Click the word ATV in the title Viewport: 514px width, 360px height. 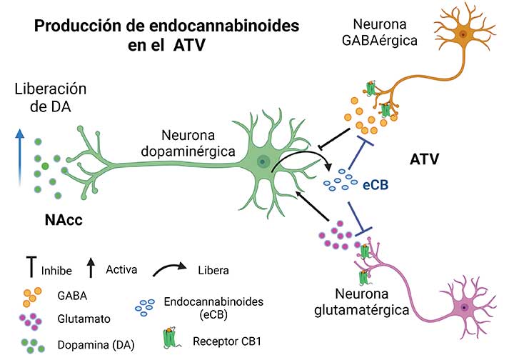189,45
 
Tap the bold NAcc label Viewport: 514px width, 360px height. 64,220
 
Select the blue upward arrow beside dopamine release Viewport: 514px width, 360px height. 20,158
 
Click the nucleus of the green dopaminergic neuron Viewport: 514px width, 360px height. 262,161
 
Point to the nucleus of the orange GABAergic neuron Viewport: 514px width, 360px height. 463,34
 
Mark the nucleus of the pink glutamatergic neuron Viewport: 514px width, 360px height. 464,307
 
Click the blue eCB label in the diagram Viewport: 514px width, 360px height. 376,185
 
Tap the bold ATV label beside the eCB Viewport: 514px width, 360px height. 424,159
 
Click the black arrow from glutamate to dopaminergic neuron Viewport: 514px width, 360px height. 312,206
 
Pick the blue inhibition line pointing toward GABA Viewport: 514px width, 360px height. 358,153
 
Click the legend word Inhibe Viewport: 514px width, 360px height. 56,271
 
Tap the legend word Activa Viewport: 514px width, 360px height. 121,269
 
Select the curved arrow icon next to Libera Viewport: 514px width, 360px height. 169,269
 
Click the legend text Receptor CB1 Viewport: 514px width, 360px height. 227,341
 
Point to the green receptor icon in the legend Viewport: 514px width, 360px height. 170,338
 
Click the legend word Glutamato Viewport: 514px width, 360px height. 84,319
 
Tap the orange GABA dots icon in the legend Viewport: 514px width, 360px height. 32,296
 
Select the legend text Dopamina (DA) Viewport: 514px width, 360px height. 96,345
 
